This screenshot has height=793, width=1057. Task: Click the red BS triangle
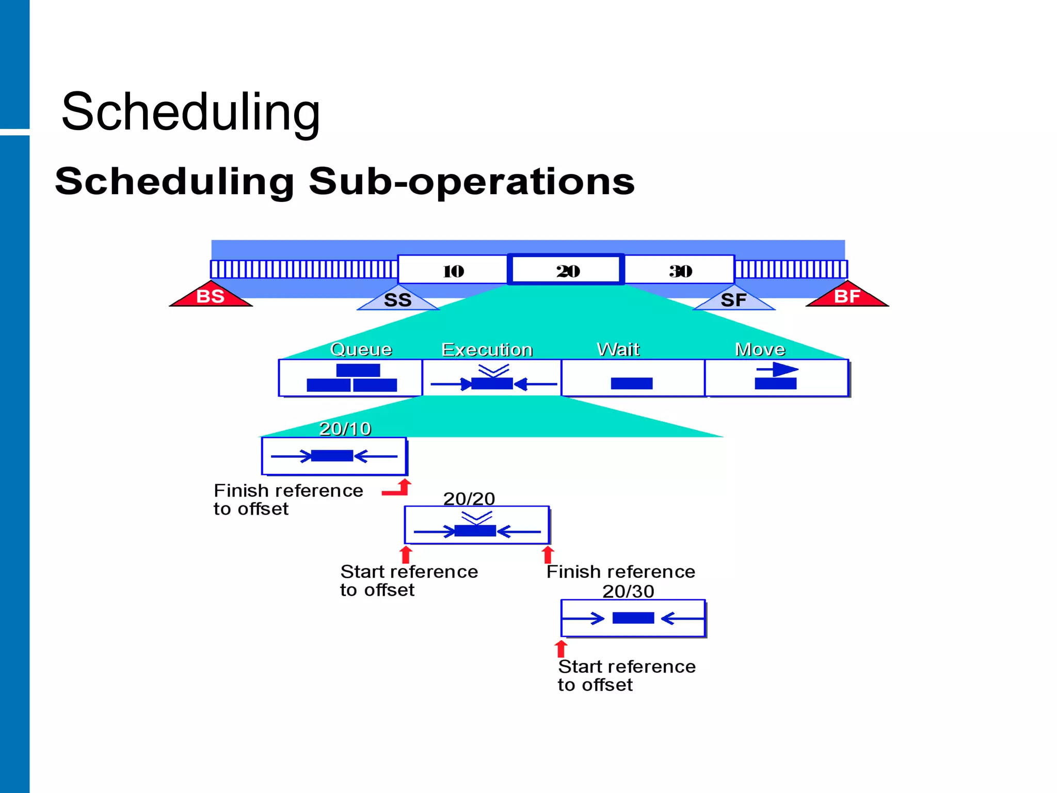[211, 296]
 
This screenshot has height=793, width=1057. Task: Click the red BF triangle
[847, 296]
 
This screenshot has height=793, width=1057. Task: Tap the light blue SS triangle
[398, 299]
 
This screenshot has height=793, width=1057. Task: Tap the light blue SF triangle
[733, 299]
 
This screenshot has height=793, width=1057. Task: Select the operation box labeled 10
[453, 271]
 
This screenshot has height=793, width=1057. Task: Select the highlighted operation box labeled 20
[567, 270]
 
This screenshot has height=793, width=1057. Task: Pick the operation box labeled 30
[680, 271]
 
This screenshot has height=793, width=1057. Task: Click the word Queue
[361, 350]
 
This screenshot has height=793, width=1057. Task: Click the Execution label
[487, 350]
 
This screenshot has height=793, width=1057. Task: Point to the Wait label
[618, 350]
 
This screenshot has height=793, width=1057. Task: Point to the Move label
[760, 350]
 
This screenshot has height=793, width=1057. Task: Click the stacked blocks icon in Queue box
[352, 378]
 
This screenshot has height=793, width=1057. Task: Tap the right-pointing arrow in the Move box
[778, 369]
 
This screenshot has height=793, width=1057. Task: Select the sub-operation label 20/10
[345, 429]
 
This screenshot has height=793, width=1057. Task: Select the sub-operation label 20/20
[469, 499]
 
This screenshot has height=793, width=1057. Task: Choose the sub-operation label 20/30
[628, 591]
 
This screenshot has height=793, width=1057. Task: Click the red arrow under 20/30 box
[561, 648]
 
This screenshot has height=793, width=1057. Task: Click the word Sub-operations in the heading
[471, 181]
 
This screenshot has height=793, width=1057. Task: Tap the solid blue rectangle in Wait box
[632, 383]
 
